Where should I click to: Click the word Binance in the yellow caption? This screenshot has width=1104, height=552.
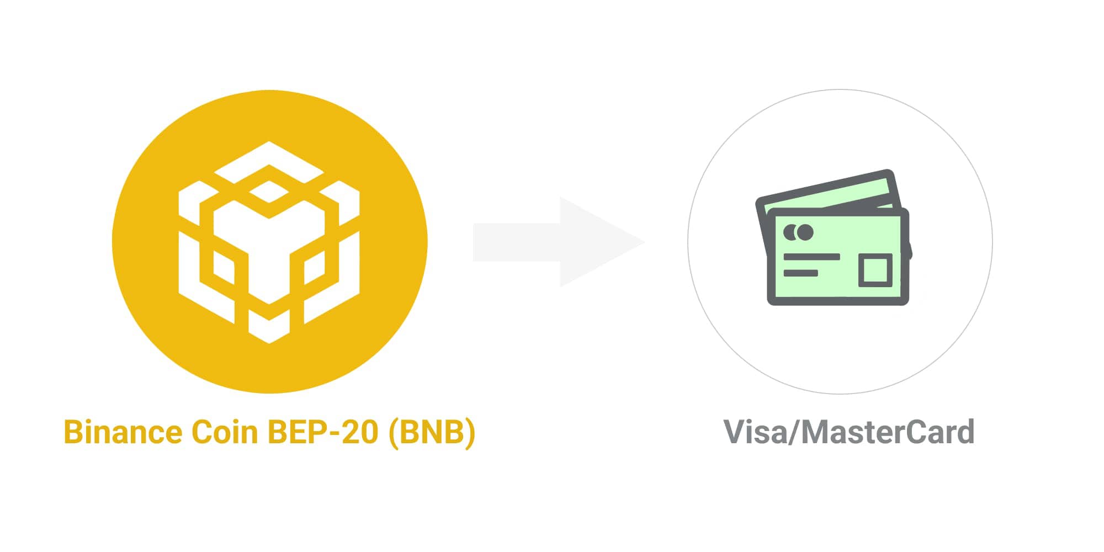pos(123,432)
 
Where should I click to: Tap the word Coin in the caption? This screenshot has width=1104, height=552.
pos(224,432)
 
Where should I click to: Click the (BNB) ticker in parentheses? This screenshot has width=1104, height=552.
pos(432,432)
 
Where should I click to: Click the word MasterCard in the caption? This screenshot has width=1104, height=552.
pos(888,432)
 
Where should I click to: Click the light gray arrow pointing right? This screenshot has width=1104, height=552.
pos(558,242)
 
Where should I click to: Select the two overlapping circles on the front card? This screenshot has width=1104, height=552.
pos(798,232)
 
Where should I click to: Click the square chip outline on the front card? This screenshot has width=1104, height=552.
pos(875,270)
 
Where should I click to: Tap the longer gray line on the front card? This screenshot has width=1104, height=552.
pos(811,257)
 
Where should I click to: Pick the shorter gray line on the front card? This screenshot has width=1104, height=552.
pos(800,273)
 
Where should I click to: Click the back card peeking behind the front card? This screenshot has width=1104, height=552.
pos(828,190)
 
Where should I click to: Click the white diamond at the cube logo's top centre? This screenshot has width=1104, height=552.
pos(269,192)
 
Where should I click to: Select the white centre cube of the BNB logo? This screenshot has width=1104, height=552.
pos(269,248)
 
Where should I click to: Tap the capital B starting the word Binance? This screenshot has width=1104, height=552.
pos(73,432)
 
